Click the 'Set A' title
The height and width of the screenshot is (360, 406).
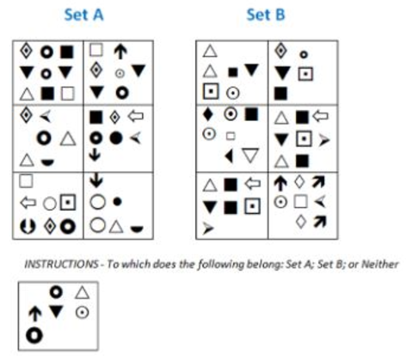83,15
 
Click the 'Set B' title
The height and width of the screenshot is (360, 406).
266,15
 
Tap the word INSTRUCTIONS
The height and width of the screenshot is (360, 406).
61,264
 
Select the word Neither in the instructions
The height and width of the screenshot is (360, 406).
380,264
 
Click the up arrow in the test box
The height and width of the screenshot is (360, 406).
35,314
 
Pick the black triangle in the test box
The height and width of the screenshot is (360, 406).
56,311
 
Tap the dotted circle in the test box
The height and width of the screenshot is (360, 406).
83,313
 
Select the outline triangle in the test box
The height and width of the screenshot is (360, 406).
82,293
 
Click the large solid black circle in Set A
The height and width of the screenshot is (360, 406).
116,138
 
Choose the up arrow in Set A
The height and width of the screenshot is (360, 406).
120,52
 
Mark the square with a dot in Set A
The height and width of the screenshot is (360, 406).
68,203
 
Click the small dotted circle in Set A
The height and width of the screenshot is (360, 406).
120,74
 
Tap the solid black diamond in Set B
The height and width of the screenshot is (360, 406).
208,114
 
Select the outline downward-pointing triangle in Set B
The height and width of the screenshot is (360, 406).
250,156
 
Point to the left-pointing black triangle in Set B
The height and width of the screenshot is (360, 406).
229,156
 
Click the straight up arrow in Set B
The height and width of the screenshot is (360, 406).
280,184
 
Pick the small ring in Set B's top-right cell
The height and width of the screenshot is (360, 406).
304,54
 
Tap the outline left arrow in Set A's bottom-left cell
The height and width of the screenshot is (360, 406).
28,203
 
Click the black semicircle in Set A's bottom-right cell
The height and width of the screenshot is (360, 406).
137,229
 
